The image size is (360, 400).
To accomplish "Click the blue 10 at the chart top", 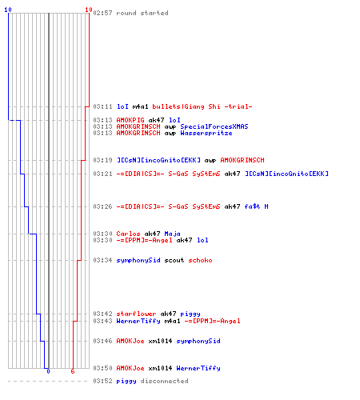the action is pyautogui.click(x=8, y=10).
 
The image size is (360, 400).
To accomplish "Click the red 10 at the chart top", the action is pyautogui.click(x=89, y=10).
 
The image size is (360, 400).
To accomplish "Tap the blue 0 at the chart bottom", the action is pyautogui.click(x=48, y=371).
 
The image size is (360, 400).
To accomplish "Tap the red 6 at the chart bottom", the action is pyautogui.click(x=73, y=371).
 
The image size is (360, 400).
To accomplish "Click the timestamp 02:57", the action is pyautogui.click(x=102, y=13).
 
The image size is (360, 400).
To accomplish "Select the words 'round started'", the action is pyautogui.click(x=142, y=13).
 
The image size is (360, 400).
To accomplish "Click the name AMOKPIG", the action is pyautogui.click(x=130, y=120).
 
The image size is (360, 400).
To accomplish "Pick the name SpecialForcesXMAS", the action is pyautogui.click(x=214, y=126).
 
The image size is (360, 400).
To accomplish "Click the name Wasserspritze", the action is pyautogui.click(x=206, y=133).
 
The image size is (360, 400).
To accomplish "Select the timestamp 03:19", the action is pyautogui.click(x=102, y=160).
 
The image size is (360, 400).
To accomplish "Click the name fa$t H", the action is pyautogui.click(x=257, y=206).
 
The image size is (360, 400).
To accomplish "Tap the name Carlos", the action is pyautogui.click(x=128, y=234).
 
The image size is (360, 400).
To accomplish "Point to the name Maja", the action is pyautogui.click(x=173, y=234).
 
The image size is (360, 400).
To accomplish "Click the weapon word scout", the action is pyautogui.click(x=174, y=260).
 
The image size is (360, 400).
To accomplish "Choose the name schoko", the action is pyautogui.click(x=201, y=260).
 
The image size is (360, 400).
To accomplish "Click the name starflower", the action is pyautogui.click(x=136, y=314).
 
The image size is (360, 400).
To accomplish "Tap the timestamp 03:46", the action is pyautogui.click(x=102, y=341).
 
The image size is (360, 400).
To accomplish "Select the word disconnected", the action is pyautogui.click(x=165, y=381).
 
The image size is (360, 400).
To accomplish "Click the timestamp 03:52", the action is pyautogui.click(x=102, y=381).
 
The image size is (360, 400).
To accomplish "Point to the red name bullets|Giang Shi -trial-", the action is pyautogui.click(x=202, y=106).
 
